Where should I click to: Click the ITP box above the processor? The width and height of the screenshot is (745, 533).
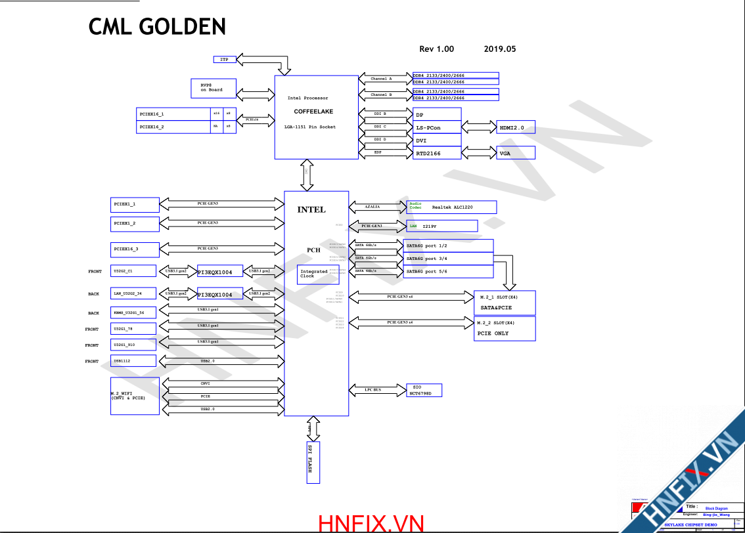coord(224,60)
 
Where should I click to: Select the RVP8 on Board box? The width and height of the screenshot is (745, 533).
coord(212,87)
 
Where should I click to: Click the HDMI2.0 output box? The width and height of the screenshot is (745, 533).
coord(516,127)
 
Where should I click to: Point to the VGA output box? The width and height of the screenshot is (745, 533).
coord(516,153)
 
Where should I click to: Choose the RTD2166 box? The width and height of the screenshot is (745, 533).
coord(437,153)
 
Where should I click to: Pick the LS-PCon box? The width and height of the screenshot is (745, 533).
coord(437,127)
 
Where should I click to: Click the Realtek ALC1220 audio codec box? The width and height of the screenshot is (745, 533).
coord(451,207)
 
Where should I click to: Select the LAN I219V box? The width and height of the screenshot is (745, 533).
coord(441,226)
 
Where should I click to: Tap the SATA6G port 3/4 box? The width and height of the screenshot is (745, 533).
coord(449,259)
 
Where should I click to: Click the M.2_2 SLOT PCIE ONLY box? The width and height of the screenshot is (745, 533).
coord(505,328)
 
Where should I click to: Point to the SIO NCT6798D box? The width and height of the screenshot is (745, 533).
coord(424,391)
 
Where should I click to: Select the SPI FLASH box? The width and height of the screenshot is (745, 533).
coord(313,459)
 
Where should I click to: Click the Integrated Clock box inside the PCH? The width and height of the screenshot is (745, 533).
coord(314,274)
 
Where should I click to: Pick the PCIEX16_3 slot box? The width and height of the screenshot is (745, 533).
coord(135,249)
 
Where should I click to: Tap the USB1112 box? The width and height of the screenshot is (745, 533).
coord(133,361)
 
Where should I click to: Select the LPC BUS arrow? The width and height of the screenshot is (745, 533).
coord(374,390)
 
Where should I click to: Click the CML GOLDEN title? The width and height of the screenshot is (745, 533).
coord(158,27)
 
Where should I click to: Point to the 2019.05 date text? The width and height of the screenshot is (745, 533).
coord(500,49)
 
